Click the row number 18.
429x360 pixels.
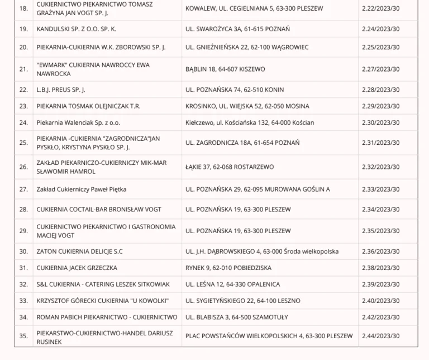pos(23,8)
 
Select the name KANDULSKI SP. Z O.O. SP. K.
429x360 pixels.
pos(76,29)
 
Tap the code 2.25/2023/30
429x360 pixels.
pos(380,47)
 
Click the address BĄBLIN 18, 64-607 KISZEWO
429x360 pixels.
pos(225,69)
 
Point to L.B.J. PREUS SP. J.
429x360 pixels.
pos(60,89)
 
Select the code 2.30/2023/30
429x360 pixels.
pos(380,122)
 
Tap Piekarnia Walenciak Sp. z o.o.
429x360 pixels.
pos(78,122)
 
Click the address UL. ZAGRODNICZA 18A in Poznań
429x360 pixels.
pos(242,143)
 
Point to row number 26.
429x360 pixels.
pos(23,167)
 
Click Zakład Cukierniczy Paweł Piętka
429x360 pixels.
pos(81,189)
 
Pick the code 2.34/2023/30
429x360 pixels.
pos(380,209)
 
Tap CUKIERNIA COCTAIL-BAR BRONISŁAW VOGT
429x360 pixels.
pos(99,209)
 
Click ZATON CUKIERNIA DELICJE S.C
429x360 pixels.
pos(79,252)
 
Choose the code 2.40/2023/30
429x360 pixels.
pos(380,301)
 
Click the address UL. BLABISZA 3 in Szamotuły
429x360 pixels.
pos(236,317)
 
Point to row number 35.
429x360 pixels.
pos(23,336)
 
